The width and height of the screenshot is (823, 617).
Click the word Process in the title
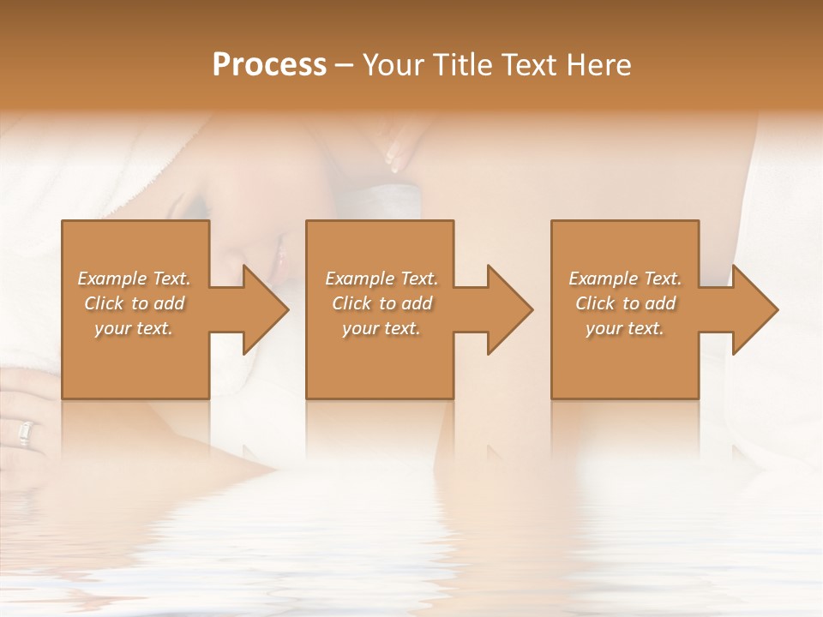[x=269, y=65]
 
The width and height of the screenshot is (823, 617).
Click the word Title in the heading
[x=459, y=65]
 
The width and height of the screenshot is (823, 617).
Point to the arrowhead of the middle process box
[x=508, y=309]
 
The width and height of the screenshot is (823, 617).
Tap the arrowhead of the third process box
[x=754, y=309]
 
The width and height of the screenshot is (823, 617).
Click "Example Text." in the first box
[x=134, y=279]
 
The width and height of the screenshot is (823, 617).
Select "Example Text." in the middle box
[x=381, y=279]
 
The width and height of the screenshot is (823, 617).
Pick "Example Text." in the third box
[x=625, y=279]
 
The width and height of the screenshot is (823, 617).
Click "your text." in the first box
[x=134, y=328]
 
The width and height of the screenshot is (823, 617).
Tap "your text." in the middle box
[x=381, y=328]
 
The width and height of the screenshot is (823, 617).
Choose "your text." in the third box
[x=625, y=328]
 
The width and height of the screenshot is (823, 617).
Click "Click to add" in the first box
[x=134, y=303]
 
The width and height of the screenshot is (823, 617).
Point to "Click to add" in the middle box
[x=381, y=303]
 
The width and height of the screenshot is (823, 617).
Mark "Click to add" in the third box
[x=625, y=303]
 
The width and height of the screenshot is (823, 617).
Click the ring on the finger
[x=24, y=434]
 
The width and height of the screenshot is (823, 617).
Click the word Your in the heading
[x=393, y=65]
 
